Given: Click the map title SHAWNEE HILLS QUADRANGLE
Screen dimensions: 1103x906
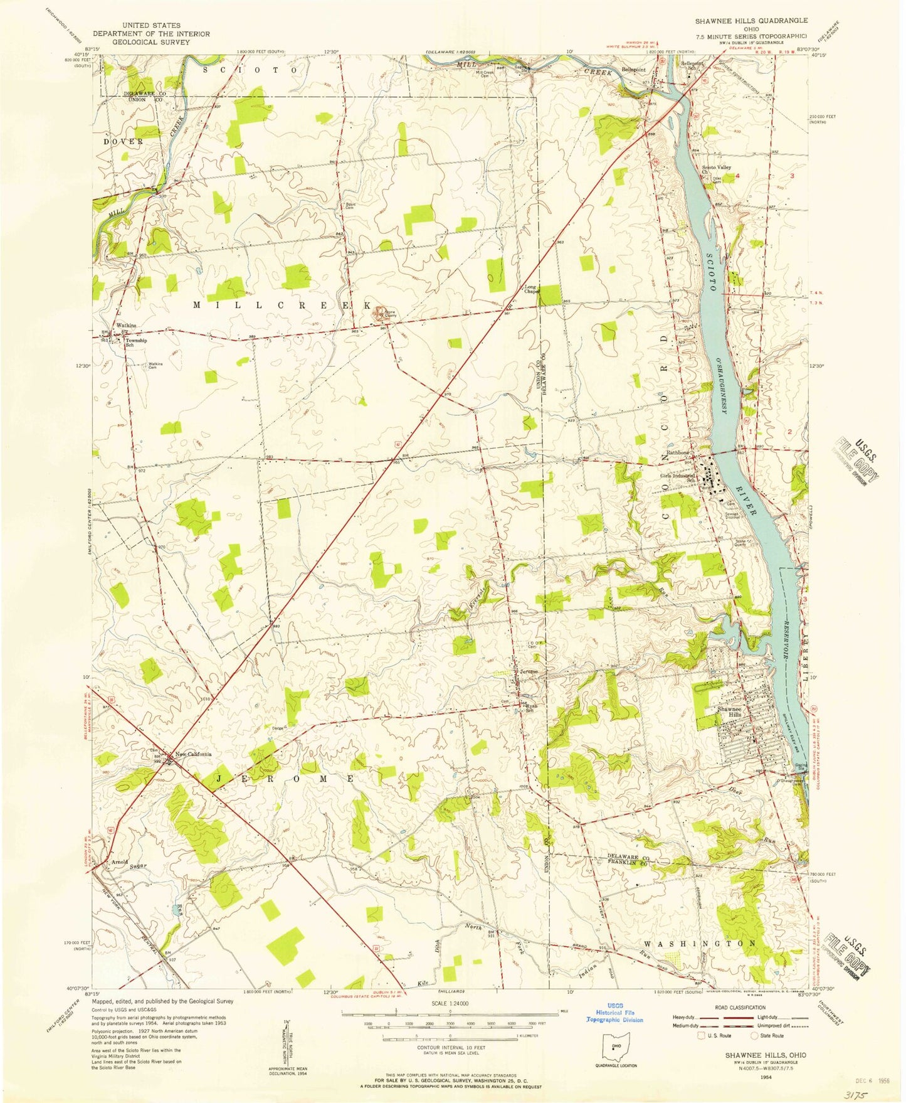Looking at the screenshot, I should click(751, 21).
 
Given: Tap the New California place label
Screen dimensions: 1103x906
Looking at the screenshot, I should click(193, 754).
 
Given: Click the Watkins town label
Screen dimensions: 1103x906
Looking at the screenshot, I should click(126, 326).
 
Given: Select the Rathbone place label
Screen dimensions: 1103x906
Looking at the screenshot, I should click(679, 452).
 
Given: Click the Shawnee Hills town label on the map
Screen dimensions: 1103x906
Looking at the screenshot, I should click(730, 711).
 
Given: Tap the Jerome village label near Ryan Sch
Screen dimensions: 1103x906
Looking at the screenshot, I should click(529, 672).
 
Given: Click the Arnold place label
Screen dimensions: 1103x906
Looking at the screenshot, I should click(119, 861).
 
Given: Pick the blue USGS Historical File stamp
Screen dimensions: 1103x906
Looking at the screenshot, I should click(614, 1013).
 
